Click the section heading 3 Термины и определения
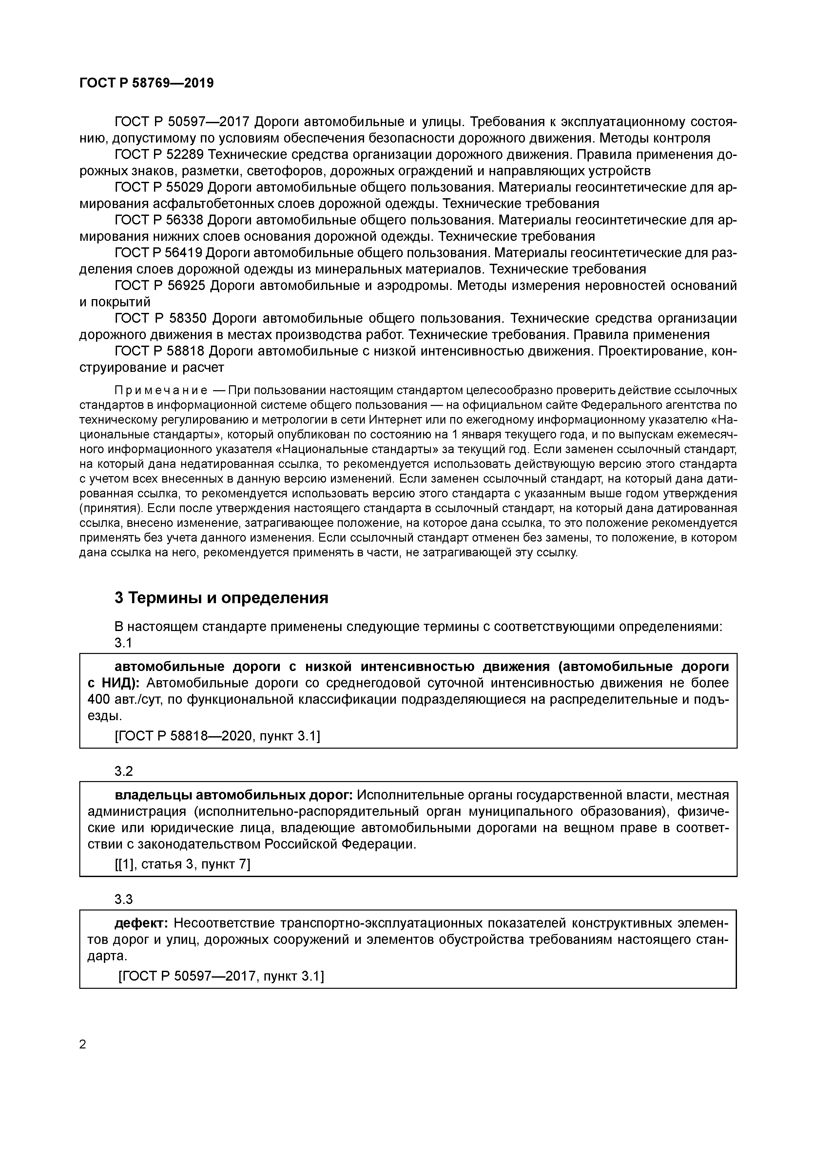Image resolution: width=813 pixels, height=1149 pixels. (x=221, y=598)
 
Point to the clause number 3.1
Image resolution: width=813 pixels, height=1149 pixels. (x=123, y=643)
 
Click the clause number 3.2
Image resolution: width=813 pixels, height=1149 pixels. (x=124, y=771)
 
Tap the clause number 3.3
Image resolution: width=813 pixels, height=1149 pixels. (x=124, y=899)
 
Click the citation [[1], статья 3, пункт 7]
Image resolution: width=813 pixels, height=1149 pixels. (x=182, y=864)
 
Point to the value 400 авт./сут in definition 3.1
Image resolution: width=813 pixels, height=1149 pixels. (x=124, y=699)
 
